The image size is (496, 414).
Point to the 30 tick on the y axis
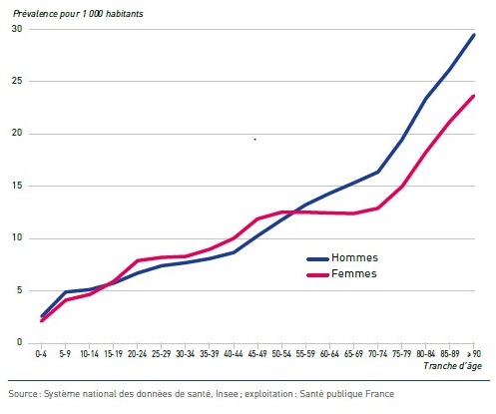(x=17, y=29)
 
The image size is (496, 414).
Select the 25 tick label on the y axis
(x=17, y=81)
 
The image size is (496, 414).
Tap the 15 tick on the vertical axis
(x=17, y=186)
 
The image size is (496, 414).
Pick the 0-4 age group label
(x=41, y=354)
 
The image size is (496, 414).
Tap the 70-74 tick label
(x=377, y=354)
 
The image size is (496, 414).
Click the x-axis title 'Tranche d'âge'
(x=452, y=366)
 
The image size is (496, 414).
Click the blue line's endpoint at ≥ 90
(x=473, y=35)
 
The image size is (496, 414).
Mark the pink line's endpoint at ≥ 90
(x=473, y=96)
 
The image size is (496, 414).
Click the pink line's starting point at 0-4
(x=41, y=320)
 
